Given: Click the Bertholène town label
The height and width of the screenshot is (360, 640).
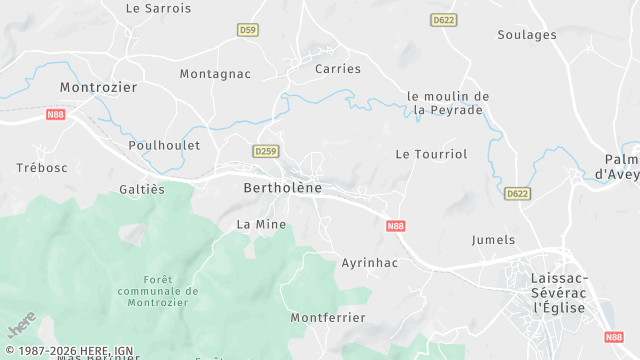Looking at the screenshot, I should pyautogui.click(x=281, y=188).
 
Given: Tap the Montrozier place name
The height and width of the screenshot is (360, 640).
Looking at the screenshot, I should pyautogui.click(x=98, y=87).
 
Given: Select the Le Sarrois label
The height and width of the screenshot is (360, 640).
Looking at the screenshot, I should pyautogui.click(x=158, y=8).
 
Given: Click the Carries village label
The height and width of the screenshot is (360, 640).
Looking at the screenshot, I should pyautogui.click(x=338, y=69).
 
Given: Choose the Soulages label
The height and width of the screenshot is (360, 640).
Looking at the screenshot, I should pyautogui.click(x=527, y=35).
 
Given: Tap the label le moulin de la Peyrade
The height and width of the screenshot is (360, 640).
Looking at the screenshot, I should pyautogui.click(x=448, y=103).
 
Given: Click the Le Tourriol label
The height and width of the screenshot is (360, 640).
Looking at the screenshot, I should pyautogui.click(x=431, y=154).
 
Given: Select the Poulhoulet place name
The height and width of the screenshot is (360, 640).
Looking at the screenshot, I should pyautogui.click(x=164, y=145).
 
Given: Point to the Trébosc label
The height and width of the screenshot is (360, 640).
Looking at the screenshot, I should pyautogui.click(x=42, y=167).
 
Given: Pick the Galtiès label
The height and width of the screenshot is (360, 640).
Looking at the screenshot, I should pyautogui.click(x=142, y=189).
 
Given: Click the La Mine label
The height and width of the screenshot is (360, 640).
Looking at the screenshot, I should pyautogui.click(x=261, y=224).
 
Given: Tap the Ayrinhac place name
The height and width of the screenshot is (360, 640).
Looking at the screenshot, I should pyautogui.click(x=370, y=263).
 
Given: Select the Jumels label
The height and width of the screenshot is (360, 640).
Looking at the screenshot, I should pyautogui.click(x=493, y=240).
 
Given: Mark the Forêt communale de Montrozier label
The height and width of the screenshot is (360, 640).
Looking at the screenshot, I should pyautogui.click(x=158, y=291).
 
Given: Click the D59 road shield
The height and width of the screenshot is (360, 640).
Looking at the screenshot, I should pyautogui.click(x=248, y=31).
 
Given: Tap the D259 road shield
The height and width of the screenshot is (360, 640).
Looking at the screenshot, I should pyautogui.click(x=265, y=151).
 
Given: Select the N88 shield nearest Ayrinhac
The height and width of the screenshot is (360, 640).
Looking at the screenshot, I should pyautogui.click(x=395, y=227).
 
